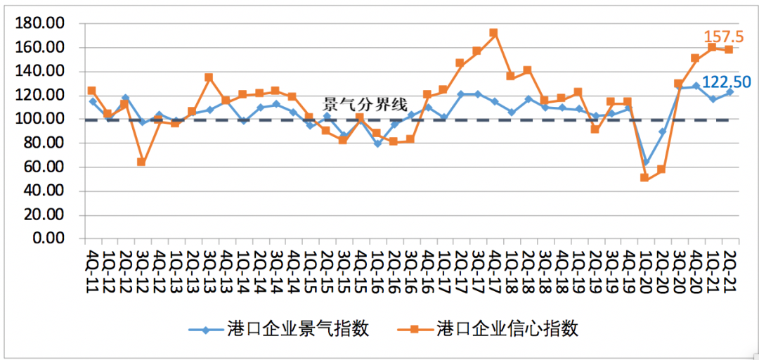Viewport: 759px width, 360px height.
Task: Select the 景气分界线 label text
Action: (x=365, y=105)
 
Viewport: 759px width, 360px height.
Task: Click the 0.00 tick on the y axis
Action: (x=52, y=238)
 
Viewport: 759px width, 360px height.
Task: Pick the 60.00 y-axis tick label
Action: (x=48, y=167)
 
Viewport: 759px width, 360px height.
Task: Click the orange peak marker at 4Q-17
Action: (x=493, y=32)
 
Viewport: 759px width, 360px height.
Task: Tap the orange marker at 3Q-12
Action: (x=141, y=162)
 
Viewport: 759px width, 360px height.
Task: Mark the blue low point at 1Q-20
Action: (x=644, y=162)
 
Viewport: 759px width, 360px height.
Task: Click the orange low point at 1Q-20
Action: (x=644, y=177)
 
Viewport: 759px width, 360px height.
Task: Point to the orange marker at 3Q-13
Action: (x=209, y=77)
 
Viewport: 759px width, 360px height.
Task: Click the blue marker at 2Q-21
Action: (x=729, y=91)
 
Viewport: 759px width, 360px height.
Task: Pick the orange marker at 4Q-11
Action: (x=92, y=91)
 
